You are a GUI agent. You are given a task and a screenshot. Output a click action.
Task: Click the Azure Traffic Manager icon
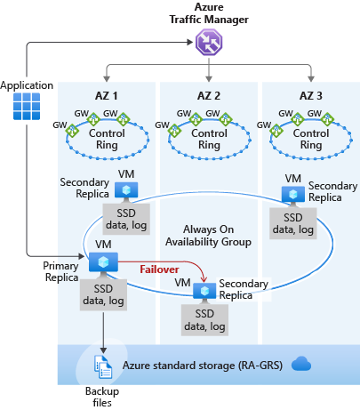[209, 42]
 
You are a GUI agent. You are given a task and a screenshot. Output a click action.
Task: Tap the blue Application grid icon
[27, 107]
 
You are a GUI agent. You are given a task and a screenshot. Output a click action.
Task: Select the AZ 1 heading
[107, 96]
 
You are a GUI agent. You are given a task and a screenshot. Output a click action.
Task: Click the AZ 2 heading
[209, 96]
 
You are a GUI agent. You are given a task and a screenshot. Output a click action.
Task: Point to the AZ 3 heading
[311, 96]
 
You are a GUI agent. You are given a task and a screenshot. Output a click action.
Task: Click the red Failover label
[159, 269]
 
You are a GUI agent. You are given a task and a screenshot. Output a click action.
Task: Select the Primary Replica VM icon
[103, 262]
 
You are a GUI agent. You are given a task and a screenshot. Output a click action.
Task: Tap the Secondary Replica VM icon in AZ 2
[204, 292]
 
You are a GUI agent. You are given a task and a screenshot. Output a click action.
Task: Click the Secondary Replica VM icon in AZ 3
[293, 195]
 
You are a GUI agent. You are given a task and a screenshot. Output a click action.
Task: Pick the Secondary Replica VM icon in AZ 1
[126, 190]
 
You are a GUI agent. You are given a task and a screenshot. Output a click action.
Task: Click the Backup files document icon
[103, 367]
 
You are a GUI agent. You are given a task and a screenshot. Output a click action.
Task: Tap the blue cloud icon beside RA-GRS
[301, 364]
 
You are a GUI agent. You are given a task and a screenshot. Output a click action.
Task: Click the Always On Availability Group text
[208, 236]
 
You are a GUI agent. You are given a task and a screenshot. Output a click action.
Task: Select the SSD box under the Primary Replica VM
[103, 294]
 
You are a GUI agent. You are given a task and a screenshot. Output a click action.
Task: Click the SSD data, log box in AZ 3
[293, 223]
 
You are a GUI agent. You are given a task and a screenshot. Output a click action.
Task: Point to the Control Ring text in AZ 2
[209, 139]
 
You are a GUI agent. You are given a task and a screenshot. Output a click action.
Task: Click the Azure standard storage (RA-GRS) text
[203, 366]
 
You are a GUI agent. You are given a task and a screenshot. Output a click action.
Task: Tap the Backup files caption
[102, 397]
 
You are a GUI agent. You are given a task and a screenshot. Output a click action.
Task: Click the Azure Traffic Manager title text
[209, 13]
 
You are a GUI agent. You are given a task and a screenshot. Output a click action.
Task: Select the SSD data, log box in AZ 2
[204, 320]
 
